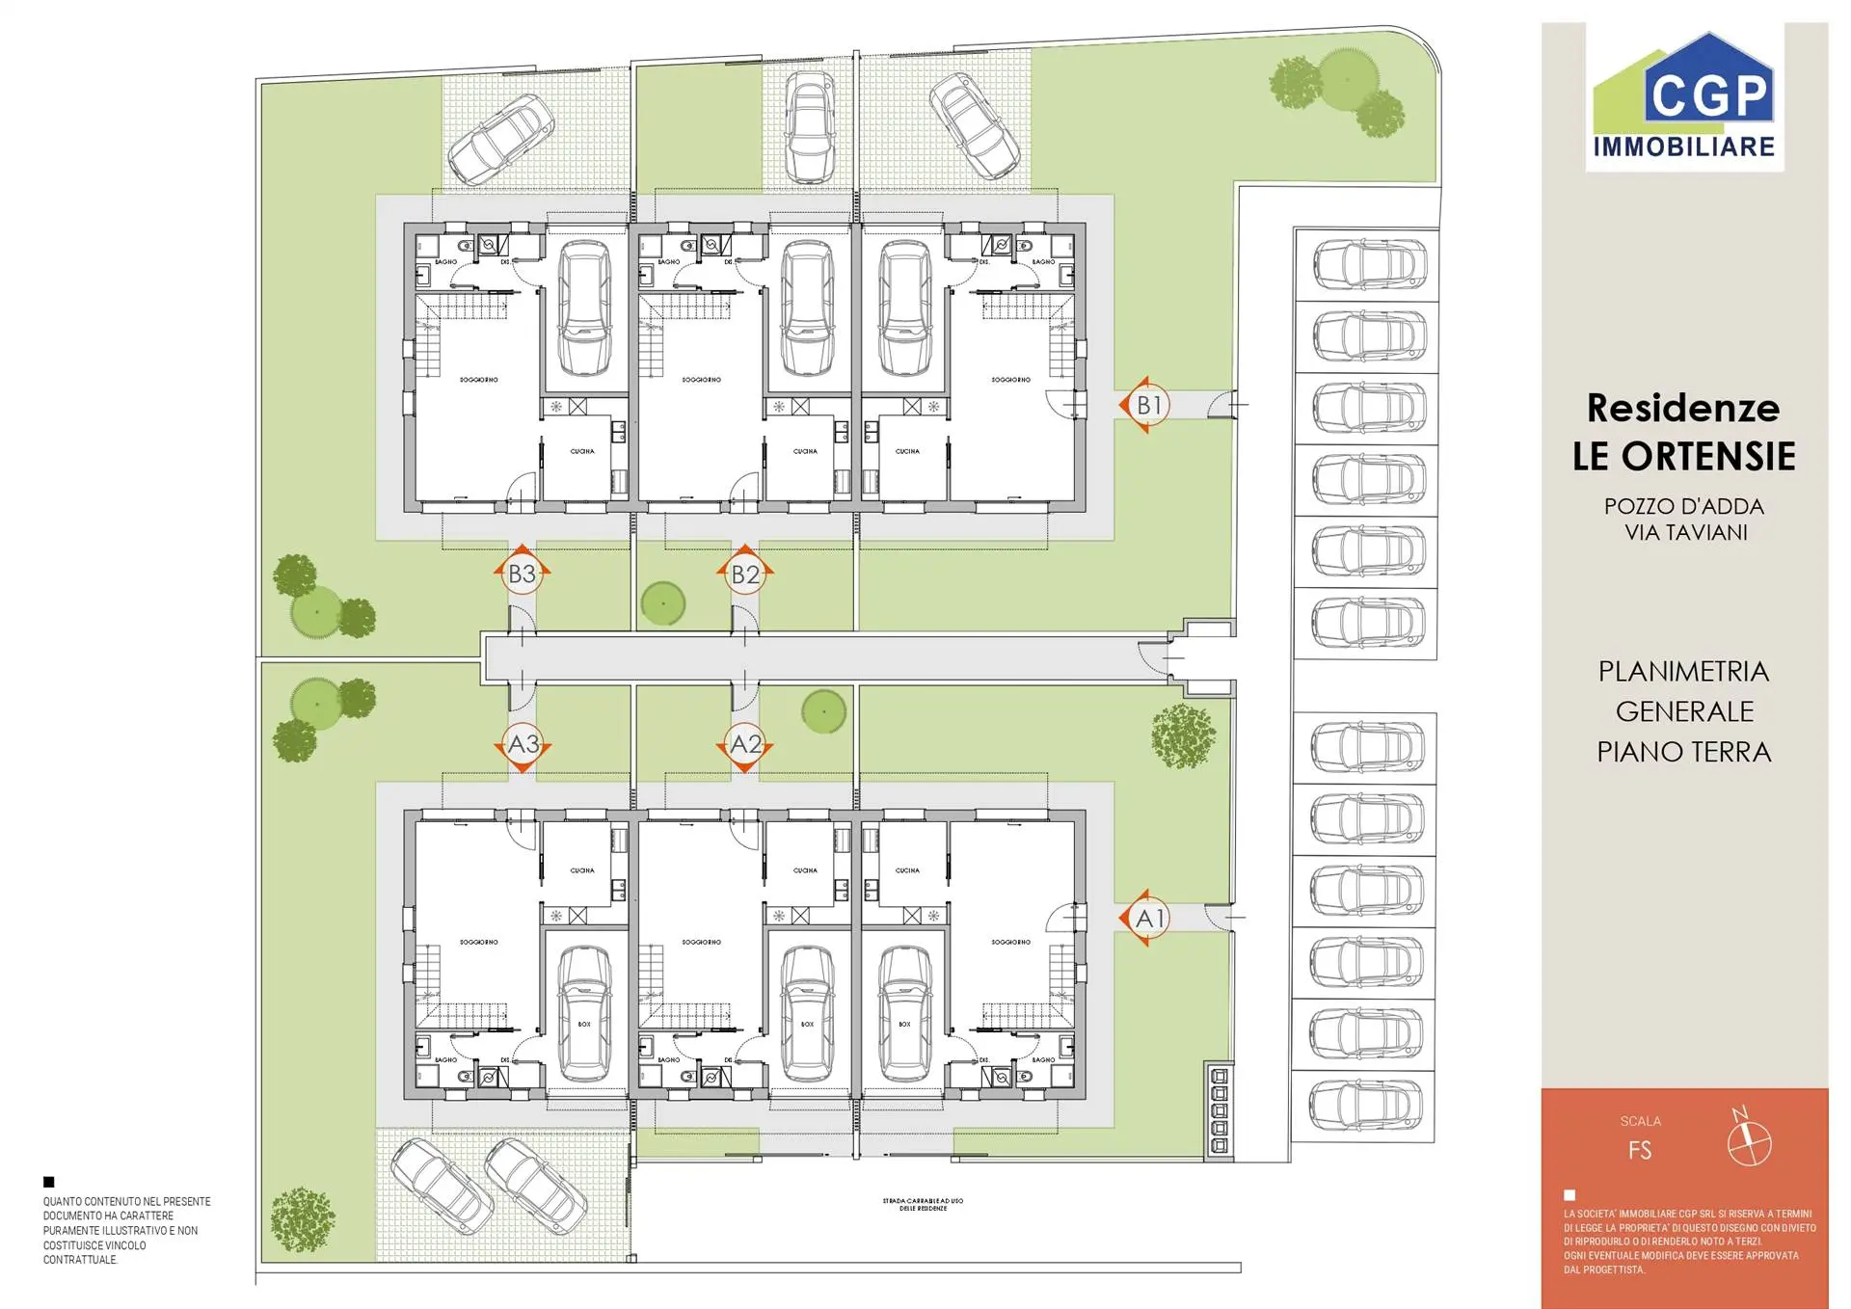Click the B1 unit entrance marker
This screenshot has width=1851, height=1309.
pyautogui.click(x=1148, y=405)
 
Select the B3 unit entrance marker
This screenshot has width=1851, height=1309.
pyautogui.click(x=522, y=574)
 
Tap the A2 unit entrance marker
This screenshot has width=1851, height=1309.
pyautogui.click(x=745, y=744)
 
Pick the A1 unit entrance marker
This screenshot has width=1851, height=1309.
pyautogui.click(x=1148, y=918)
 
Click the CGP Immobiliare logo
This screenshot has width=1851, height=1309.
pyautogui.click(x=1684, y=97)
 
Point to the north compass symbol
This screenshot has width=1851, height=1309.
pyautogui.click(x=1748, y=1141)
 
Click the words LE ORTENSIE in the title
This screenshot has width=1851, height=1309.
pyautogui.click(x=1683, y=456)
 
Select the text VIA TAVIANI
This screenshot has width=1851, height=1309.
pyautogui.click(x=1685, y=532)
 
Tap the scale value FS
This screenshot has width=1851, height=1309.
pyautogui.click(x=1639, y=1150)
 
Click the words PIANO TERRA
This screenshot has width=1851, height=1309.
pyautogui.click(x=1683, y=752)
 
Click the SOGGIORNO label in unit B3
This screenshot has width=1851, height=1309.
pyautogui.click(x=478, y=380)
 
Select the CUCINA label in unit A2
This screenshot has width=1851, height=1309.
pyautogui.click(x=805, y=870)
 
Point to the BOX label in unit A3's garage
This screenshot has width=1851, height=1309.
pyautogui.click(x=584, y=1024)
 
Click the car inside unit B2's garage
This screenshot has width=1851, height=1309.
pyautogui.click(x=808, y=308)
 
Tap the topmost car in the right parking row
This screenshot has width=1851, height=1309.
pyautogui.click(x=1368, y=264)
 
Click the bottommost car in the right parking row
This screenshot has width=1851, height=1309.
pyautogui.click(x=1365, y=1105)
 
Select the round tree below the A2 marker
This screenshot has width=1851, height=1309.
pyautogui.click(x=823, y=712)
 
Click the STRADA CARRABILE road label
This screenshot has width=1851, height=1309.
pyautogui.click(x=923, y=1204)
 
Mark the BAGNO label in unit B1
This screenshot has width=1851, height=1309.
pyautogui.click(x=1043, y=262)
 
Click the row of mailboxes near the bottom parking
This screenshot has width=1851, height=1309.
pyautogui.click(x=1219, y=1109)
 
